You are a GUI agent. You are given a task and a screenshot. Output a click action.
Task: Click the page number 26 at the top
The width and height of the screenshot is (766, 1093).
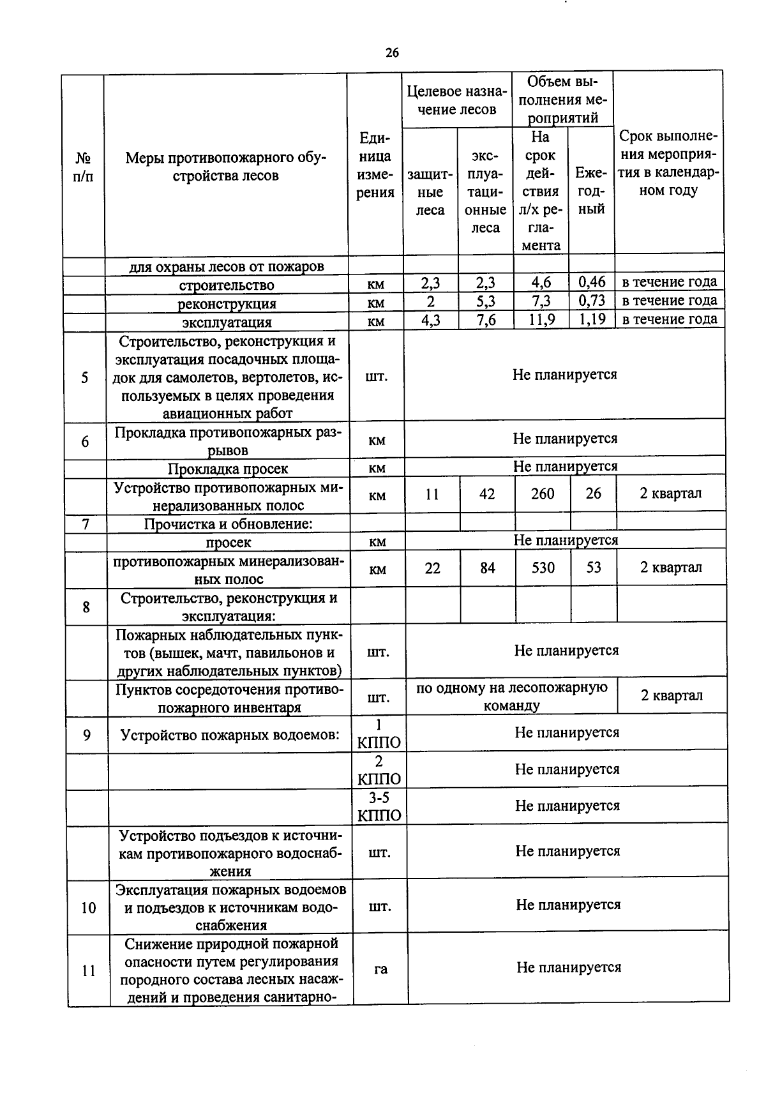[x=392, y=53]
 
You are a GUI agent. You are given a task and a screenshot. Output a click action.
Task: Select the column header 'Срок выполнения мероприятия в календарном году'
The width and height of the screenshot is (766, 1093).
[x=668, y=163]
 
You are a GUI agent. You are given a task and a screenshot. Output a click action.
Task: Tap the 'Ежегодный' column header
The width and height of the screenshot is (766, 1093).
[x=591, y=190]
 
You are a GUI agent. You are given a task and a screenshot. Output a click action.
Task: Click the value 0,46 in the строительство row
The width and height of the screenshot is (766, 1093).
[x=592, y=282]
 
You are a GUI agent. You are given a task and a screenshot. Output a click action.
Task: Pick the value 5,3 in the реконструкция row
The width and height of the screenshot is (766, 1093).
[x=486, y=301]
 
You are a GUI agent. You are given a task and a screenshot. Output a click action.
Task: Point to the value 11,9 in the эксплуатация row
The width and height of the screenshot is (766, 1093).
[x=541, y=319]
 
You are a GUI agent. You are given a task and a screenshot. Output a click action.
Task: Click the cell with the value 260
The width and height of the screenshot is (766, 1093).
[x=543, y=494]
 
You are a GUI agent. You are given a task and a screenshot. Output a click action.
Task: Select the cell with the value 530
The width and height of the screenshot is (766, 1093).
[x=543, y=568]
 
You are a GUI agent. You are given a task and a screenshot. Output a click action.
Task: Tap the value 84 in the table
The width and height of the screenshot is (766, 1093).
[x=488, y=568]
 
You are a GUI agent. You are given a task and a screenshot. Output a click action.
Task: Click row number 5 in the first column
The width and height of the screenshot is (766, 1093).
[x=85, y=377]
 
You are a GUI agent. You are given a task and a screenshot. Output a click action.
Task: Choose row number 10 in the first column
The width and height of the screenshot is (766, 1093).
[x=88, y=907]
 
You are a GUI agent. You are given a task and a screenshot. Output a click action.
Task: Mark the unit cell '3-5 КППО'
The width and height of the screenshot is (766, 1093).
[x=379, y=806]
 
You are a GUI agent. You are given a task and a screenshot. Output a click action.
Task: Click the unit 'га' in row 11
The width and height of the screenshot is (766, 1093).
[x=380, y=969]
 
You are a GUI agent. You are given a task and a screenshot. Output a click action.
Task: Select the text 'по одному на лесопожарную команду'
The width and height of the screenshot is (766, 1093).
[x=512, y=697]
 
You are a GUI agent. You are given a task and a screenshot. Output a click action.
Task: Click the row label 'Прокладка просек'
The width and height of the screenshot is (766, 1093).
[x=228, y=469]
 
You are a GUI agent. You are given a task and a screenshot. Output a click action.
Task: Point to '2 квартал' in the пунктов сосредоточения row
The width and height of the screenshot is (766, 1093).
[x=672, y=695]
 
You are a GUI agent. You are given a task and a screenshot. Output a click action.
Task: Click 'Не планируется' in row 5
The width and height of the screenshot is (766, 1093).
[x=564, y=375]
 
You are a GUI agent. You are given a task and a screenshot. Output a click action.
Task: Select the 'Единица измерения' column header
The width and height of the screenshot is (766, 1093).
[x=375, y=165]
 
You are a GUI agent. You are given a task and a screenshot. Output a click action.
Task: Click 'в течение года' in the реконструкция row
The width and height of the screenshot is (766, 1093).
[x=670, y=300]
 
